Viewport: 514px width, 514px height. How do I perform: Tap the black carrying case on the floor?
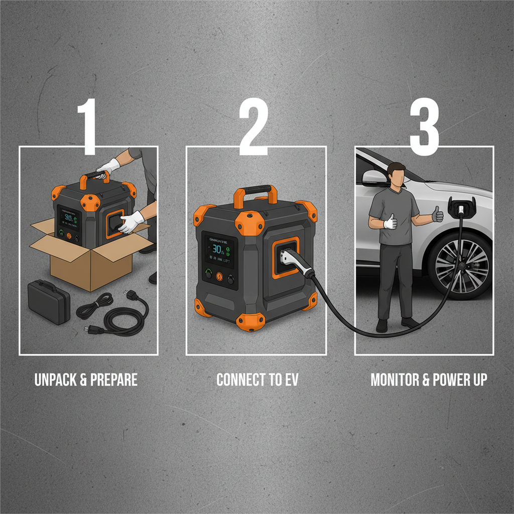(48, 302)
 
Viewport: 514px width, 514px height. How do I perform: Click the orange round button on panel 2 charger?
(219, 277)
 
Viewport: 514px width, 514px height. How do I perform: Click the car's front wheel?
(460, 266)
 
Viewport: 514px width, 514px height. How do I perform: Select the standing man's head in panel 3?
(396, 176)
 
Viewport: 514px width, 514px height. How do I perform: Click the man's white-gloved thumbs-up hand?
(390, 221)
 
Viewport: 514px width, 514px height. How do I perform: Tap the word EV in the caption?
(291, 380)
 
